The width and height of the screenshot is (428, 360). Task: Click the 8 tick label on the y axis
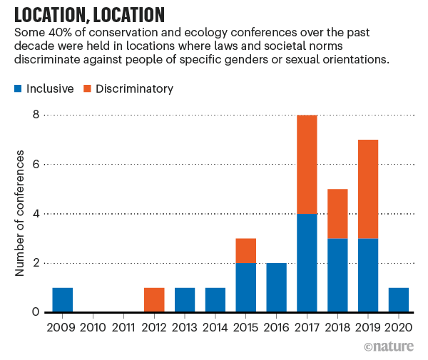pyautogui.click(x=34, y=115)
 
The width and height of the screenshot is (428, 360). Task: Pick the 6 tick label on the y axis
pyautogui.click(x=34, y=165)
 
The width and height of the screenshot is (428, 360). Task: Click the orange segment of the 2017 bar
pyautogui.click(x=306, y=164)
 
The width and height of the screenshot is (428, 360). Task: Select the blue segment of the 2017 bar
pyautogui.click(x=306, y=263)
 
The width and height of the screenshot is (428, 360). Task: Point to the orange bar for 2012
pyautogui.click(x=153, y=300)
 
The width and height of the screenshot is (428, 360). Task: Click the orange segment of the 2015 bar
pyautogui.click(x=245, y=250)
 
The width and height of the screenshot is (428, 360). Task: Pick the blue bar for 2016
pyautogui.click(x=275, y=288)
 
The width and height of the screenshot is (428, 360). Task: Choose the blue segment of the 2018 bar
pyautogui.click(x=337, y=275)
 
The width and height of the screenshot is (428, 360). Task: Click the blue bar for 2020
pyautogui.click(x=397, y=300)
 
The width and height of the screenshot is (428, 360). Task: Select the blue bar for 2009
pyautogui.click(x=62, y=300)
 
